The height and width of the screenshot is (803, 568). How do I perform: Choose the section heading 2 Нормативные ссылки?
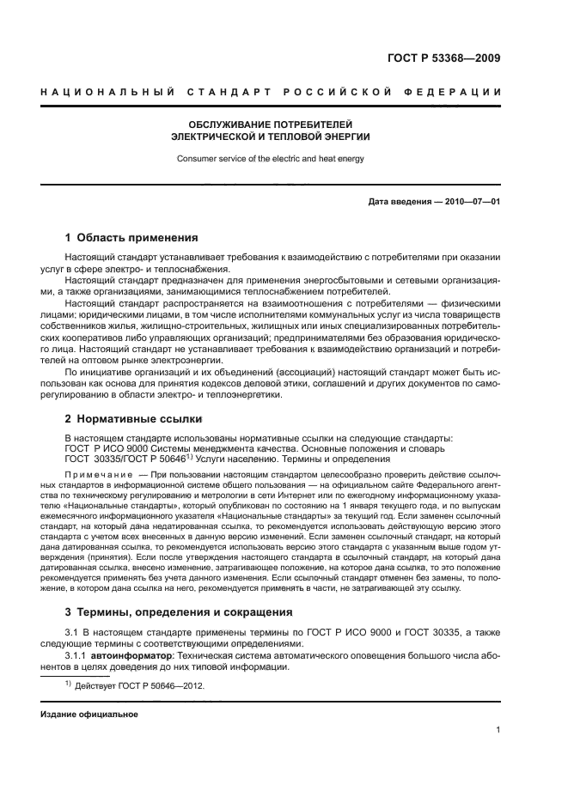[x=133, y=418]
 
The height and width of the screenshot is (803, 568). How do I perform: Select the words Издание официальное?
[x=89, y=714]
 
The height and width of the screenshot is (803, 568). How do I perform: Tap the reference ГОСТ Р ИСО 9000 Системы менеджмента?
[x=172, y=448]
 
